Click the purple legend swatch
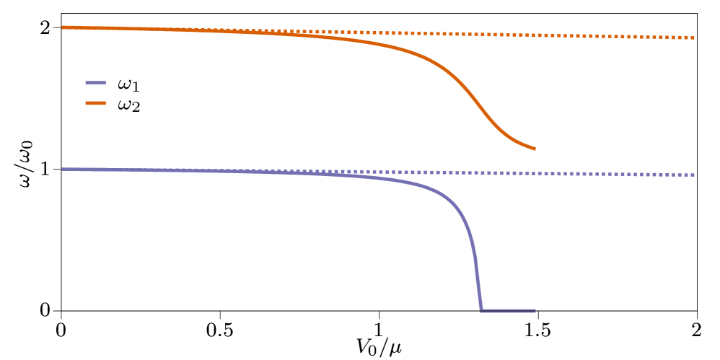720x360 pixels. tap(96, 82)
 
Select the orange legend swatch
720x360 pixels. tap(96, 103)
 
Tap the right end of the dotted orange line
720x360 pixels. tap(694, 38)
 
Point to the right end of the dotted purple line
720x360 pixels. tap(694, 175)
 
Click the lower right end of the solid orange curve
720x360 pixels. tap(535, 149)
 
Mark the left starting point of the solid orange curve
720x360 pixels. tap(63, 27)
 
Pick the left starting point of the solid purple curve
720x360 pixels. tap(63, 170)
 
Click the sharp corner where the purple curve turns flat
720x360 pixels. tap(480, 310)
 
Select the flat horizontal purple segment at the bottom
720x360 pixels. tap(508, 311)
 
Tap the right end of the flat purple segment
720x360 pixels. tap(535, 311)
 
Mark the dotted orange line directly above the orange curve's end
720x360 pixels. tap(535, 35)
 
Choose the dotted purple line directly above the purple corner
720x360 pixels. tap(480, 173)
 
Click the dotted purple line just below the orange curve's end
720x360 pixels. tap(535, 173)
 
